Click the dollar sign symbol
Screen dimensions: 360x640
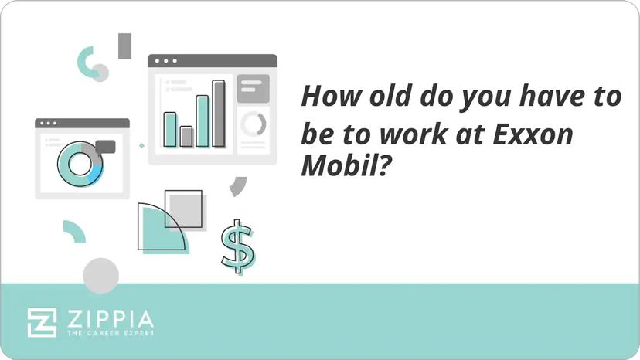(x=237, y=246)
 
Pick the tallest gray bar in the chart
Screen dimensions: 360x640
(x=219, y=114)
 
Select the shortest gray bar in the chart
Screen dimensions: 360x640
(x=186, y=137)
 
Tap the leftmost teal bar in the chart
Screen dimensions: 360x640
(x=170, y=129)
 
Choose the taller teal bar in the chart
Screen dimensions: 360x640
(x=203, y=121)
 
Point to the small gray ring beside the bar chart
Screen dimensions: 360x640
(x=253, y=124)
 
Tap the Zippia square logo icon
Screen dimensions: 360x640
(x=42, y=322)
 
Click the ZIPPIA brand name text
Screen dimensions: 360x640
(x=108, y=318)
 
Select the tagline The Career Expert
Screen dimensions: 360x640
(x=108, y=334)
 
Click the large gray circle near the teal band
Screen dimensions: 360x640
(x=101, y=276)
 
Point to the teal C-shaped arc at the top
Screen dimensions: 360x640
(x=84, y=59)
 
